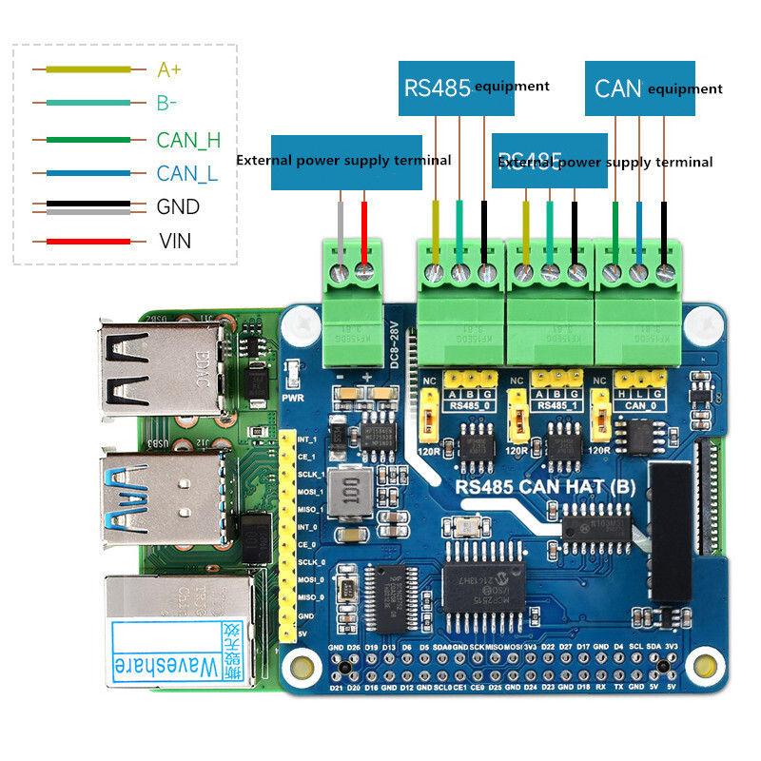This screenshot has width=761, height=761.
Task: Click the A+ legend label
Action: [x=169, y=69]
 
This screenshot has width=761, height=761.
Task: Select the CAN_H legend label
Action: [x=188, y=140]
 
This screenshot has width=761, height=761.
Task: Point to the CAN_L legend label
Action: [x=187, y=174]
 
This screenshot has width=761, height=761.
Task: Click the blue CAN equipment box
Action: [x=638, y=88]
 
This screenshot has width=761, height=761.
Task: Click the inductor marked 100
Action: [x=351, y=491]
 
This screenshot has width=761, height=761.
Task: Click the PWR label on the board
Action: [x=293, y=385]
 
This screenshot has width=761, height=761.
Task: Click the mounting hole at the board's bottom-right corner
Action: [x=705, y=663]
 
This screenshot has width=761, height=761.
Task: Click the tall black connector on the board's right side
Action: [x=669, y=533]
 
